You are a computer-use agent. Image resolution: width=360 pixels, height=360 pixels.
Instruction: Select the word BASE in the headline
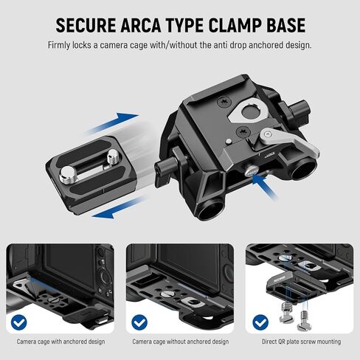[x=287, y=25]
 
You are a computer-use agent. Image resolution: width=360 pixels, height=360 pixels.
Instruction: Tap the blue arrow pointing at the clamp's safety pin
[x=265, y=186]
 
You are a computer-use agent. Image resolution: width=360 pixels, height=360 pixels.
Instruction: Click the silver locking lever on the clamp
[x=290, y=140]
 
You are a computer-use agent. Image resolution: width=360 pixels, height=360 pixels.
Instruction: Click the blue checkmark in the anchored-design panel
[x=18, y=322]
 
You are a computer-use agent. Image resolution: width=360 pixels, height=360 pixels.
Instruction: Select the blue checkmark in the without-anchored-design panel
[x=139, y=322]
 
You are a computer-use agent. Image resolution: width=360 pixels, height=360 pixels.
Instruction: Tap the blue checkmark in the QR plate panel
[x=260, y=322]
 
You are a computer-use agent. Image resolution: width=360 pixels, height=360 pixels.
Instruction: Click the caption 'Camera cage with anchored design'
[x=60, y=342]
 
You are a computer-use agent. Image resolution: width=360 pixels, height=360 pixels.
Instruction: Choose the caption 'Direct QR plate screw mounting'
[x=301, y=342]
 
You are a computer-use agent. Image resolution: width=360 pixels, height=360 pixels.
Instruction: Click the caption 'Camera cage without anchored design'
[x=181, y=342]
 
